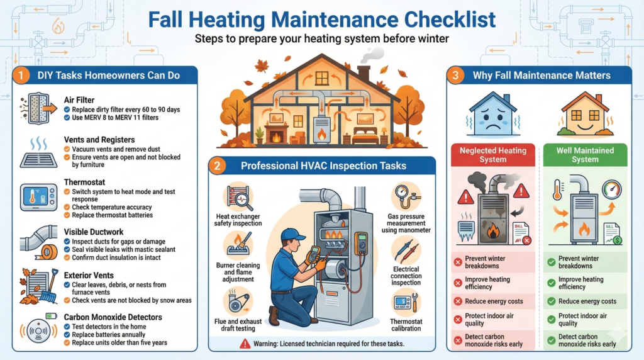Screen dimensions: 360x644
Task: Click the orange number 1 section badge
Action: pos(21,76)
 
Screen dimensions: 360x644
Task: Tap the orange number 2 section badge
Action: pos(217,166)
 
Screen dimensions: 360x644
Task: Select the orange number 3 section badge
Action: pos(455,76)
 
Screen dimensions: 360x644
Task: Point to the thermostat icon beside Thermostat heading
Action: pos(38,197)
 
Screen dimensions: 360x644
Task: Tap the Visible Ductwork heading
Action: pos(94,232)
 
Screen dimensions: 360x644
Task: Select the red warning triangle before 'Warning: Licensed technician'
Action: pos(245,343)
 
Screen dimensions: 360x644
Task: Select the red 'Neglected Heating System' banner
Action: pos(492,155)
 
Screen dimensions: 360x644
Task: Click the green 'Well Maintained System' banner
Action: pos(585,155)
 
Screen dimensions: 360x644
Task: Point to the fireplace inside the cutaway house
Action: pos(276,133)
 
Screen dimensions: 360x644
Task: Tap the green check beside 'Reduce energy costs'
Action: pos(551,301)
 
